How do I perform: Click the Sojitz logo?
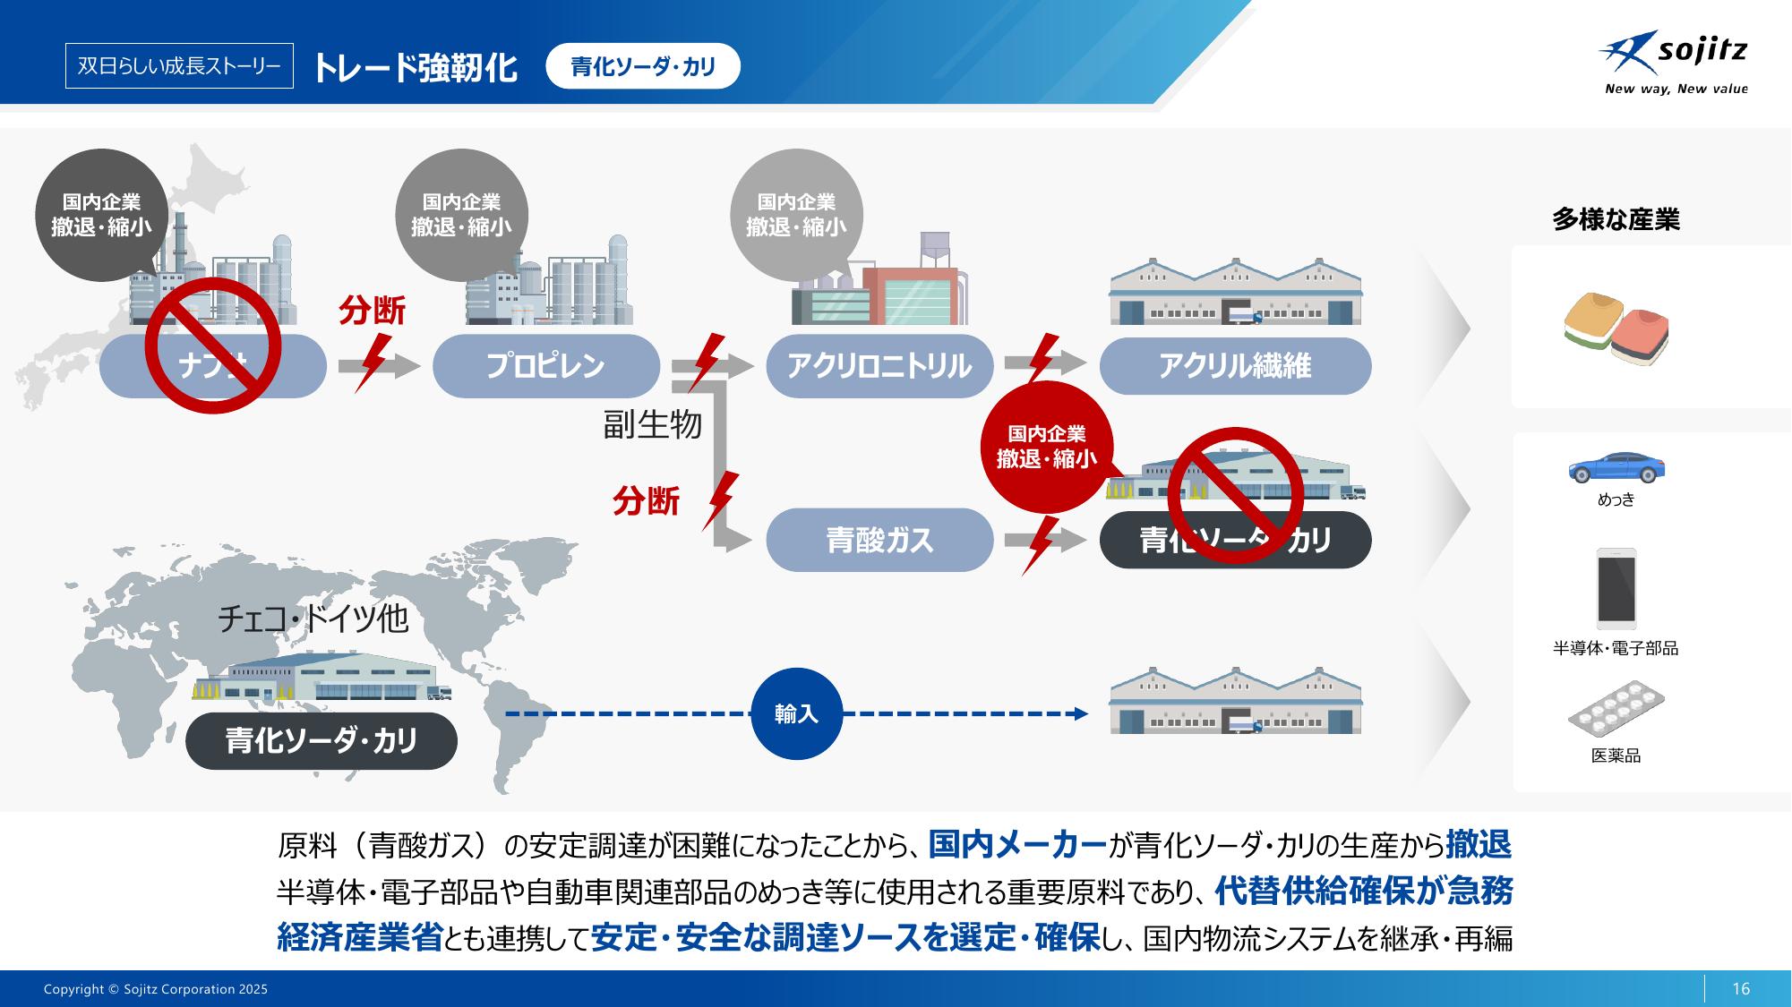click(x=1673, y=62)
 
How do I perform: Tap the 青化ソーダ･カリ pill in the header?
click(x=643, y=66)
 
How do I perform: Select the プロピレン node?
click(x=545, y=365)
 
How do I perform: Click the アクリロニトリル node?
click(x=879, y=365)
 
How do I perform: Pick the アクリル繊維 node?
click(x=1235, y=365)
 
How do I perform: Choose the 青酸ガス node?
click(x=879, y=540)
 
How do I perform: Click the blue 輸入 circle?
click(x=796, y=714)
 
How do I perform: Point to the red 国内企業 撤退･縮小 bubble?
click(x=1046, y=447)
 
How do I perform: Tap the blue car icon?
click(x=1616, y=467)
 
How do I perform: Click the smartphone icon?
click(x=1616, y=588)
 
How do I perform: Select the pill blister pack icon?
click(x=1616, y=710)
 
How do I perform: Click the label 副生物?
click(x=652, y=424)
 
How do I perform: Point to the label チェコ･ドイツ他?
click(x=313, y=619)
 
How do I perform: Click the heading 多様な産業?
click(x=1616, y=219)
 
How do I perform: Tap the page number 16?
click(x=1741, y=988)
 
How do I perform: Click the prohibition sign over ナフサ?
click(x=213, y=346)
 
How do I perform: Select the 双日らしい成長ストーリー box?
click(x=179, y=66)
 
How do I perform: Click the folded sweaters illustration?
click(x=1616, y=328)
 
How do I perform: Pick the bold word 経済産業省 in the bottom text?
click(x=359, y=937)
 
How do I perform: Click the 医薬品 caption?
click(x=1616, y=755)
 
